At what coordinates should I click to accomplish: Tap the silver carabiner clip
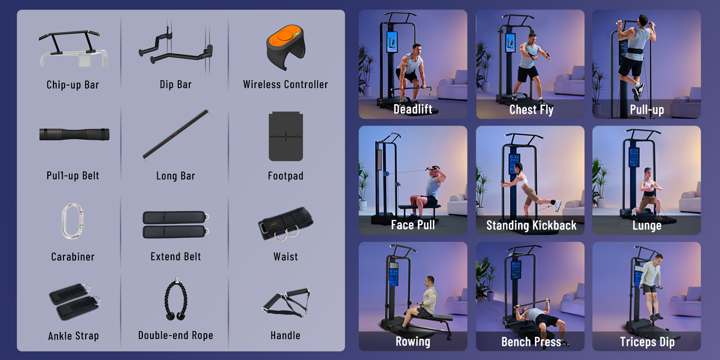(x=72, y=221)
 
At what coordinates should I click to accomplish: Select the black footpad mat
(x=286, y=136)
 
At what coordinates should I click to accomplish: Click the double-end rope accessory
(x=176, y=299)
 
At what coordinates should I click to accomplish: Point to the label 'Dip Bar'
(x=175, y=84)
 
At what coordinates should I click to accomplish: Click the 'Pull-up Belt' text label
(x=73, y=175)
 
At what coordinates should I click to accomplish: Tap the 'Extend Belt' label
(x=175, y=256)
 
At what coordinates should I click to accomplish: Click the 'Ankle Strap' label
(x=73, y=336)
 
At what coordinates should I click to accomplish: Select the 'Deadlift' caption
(x=413, y=109)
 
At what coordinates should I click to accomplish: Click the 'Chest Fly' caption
(x=531, y=109)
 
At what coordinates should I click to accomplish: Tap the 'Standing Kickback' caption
(x=531, y=225)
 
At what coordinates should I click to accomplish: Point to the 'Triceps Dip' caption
(x=647, y=342)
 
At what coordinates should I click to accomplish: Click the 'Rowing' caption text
(x=413, y=341)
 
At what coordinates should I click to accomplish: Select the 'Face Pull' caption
(x=413, y=225)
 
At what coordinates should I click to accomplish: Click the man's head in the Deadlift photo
(x=416, y=49)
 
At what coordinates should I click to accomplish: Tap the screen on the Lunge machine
(x=634, y=157)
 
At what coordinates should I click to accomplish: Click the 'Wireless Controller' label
(x=285, y=84)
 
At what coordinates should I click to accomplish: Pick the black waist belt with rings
(x=286, y=223)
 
